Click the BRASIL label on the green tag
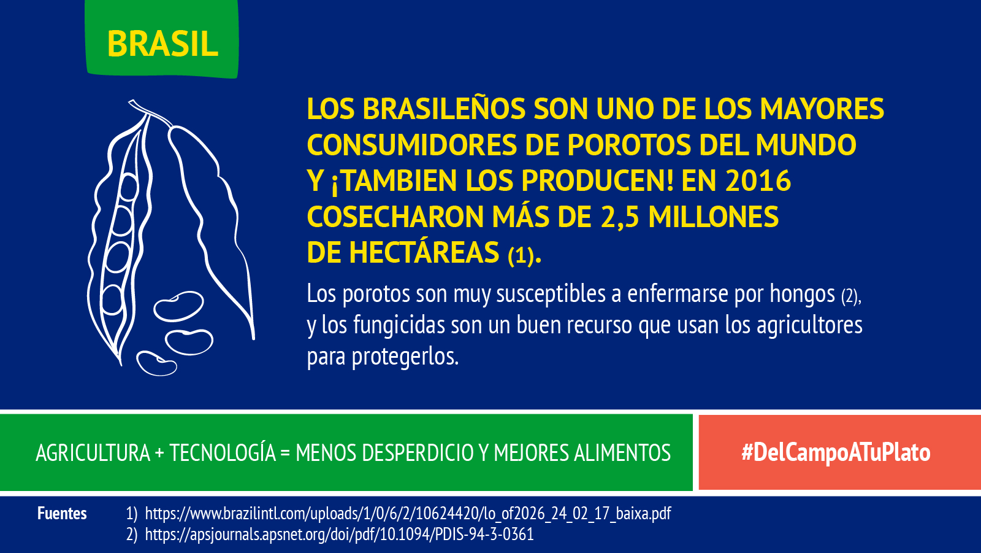tap(162, 44)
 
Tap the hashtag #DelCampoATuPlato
tap(836, 452)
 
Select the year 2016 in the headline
tap(758, 180)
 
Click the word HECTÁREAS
tap(424, 253)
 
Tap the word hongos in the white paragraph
tap(803, 294)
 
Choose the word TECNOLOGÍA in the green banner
tap(223, 452)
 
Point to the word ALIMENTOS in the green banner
tap(622, 453)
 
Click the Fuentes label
tap(62, 513)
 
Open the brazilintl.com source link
tap(408, 514)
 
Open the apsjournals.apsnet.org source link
tap(339, 535)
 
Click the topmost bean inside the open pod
tap(128, 187)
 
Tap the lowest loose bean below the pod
tap(156, 363)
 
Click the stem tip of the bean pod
tap(131, 102)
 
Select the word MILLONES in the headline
tap(713, 217)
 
